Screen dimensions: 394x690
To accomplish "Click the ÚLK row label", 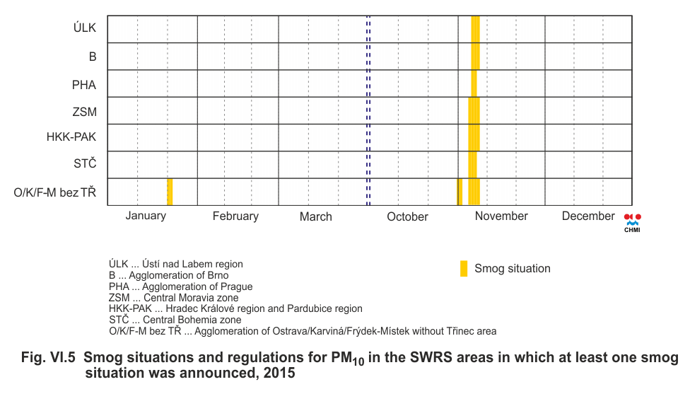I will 85,30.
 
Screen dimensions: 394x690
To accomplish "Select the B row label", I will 92,57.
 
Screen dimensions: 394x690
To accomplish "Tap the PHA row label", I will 84,85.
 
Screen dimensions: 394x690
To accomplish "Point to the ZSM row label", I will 84,112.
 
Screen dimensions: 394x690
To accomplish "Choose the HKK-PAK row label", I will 71,138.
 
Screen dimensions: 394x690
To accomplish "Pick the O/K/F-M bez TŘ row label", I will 55,192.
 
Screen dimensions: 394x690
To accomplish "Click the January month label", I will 146,216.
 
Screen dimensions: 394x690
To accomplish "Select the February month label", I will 235,216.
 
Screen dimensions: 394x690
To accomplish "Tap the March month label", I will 315,216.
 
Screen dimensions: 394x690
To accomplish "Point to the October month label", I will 407,216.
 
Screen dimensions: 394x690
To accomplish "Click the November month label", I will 501,216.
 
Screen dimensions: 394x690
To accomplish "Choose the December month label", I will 588,216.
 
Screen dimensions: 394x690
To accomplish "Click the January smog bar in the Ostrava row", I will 170,192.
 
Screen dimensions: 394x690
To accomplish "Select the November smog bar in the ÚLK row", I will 475,30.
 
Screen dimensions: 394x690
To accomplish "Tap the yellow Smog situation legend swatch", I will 464,269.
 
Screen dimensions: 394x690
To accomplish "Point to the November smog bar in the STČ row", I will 472,165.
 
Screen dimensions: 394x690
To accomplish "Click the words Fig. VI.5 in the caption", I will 48,358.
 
